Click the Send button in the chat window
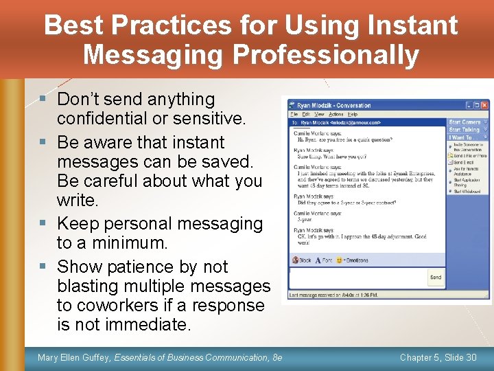435,278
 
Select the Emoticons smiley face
339,260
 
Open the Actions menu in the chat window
336,114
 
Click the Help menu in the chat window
353,114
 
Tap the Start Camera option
464,122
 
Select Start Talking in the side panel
464,130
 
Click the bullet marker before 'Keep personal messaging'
44,224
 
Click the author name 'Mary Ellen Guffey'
74,357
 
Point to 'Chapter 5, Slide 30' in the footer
438,357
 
